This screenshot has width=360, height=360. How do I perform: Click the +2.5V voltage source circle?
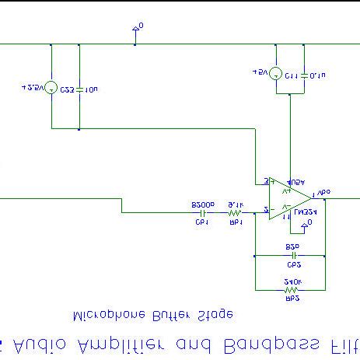51,88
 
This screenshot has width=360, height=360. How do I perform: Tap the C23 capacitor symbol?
79,88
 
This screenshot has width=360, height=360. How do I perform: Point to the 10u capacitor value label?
92,89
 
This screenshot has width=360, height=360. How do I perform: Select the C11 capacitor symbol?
303,75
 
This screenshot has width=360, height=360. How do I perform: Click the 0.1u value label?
317,76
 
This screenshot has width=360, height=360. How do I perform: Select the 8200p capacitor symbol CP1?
203,211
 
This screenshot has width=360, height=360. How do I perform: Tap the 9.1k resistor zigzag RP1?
235,211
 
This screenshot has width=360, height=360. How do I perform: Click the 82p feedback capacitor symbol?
294,253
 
